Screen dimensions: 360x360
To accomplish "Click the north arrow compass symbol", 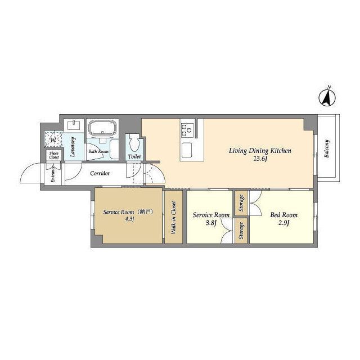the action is tap(327, 98).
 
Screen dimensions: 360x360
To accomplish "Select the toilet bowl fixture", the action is tap(134, 143).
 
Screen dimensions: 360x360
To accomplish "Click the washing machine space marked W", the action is tap(53, 139).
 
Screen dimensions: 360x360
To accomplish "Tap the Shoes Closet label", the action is tap(54, 155).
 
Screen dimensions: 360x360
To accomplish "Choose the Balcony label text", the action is tap(327, 148).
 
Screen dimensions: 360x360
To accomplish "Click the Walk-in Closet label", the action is tap(174, 218).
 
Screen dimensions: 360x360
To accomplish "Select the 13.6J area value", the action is tap(260, 159).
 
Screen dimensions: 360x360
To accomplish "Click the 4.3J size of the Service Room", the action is tap(129, 219).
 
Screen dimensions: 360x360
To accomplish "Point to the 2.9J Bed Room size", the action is tap(283, 223).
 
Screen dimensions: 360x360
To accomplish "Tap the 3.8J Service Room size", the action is tap(210, 223).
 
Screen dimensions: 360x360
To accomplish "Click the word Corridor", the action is tap(100, 173).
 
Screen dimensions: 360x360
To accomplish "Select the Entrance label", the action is tap(53, 174).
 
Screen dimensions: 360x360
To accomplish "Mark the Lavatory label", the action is tap(73, 147).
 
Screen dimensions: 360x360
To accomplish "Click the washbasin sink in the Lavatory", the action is tap(74, 125).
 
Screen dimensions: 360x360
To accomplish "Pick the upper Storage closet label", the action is tap(241, 203).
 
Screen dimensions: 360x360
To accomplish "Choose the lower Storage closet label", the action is tap(241, 231).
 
